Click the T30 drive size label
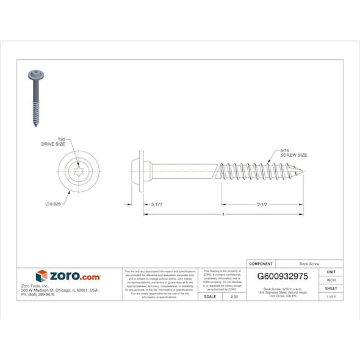tap(52, 142)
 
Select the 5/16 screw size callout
tap(292, 153)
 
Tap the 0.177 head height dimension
tap(156, 203)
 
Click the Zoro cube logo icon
tap(41, 276)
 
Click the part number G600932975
tap(283, 276)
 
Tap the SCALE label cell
tap(210, 296)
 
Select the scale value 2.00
tap(234, 296)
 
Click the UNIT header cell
tap(331, 272)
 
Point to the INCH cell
tap(331, 280)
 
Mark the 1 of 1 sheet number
tap(331, 296)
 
